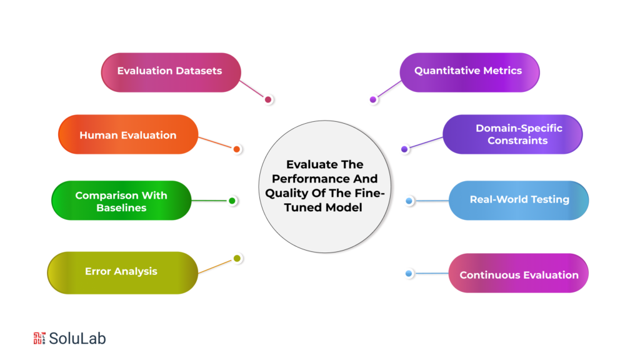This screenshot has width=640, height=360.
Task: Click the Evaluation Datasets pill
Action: (171, 72)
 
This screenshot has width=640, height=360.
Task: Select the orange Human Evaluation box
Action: (128, 135)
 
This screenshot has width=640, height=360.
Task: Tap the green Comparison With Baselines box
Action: (121, 201)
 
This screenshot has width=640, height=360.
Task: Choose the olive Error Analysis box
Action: (122, 272)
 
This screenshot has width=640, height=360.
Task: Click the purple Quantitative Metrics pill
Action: (469, 71)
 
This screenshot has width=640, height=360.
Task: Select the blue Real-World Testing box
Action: (519, 200)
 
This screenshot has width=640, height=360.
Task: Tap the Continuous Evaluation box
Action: (518, 275)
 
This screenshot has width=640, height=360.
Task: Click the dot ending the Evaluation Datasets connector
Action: (268, 99)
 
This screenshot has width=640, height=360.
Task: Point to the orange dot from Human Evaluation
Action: (237, 149)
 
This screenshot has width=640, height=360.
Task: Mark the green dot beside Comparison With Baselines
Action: (232, 201)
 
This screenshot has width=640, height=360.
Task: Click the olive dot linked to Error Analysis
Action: (237, 258)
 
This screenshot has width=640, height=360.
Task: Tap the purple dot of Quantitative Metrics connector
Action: (373, 99)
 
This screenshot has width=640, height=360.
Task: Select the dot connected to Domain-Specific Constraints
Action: (404, 149)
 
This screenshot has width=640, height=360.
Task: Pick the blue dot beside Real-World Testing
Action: (409, 201)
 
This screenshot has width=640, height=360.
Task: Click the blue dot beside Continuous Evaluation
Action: (409, 274)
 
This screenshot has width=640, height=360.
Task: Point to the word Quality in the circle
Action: (285, 193)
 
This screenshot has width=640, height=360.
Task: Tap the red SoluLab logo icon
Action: (39, 339)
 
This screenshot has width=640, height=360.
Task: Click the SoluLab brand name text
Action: (77, 339)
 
